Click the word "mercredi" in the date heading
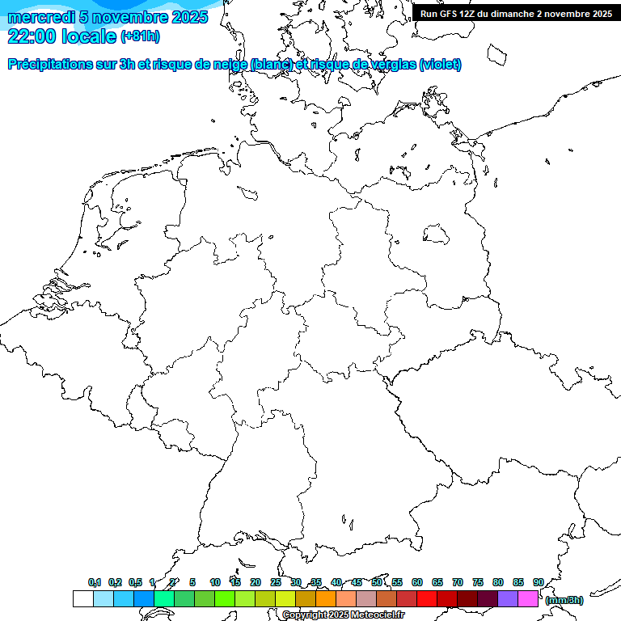[40, 17]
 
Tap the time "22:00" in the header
[32, 36]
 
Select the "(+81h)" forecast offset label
[140, 36]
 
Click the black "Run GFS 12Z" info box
[516, 14]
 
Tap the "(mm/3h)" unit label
[564, 600]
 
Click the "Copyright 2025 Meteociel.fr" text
[344, 615]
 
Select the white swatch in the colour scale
[82, 598]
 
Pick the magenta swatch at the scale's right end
[528, 598]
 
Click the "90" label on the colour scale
[538, 582]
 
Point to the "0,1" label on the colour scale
[95, 582]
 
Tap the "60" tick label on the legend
[417, 582]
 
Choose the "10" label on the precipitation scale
[215, 582]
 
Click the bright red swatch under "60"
[427, 598]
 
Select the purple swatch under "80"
[508, 598]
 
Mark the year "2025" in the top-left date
[189, 17]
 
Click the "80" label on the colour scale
[498, 582]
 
